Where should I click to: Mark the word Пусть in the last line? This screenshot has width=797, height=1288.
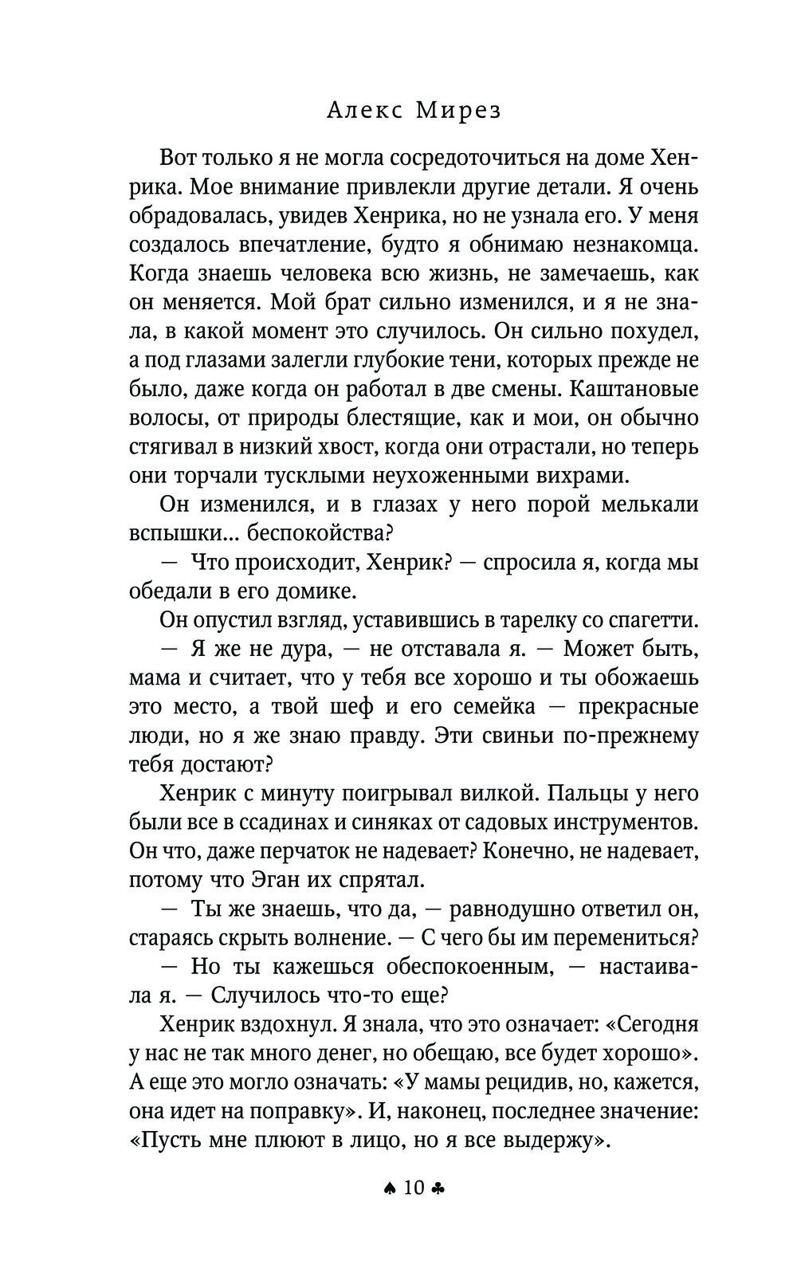(x=171, y=1141)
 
